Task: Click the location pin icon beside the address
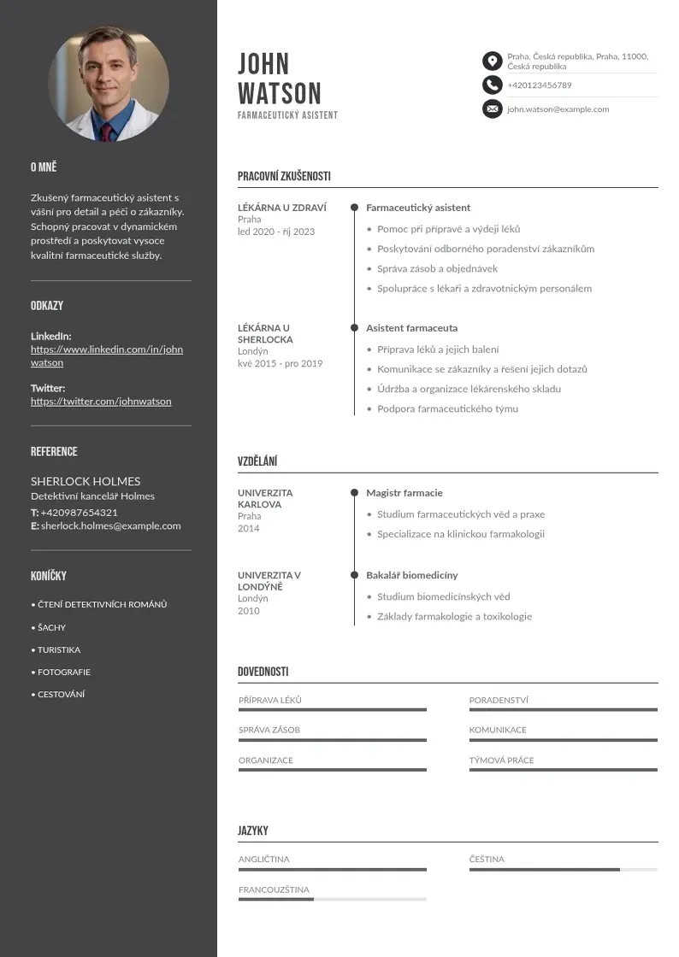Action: [492, 61]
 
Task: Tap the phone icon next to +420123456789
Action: [492, 85]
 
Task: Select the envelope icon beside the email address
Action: [492, 109]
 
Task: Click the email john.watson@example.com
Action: [558, 109]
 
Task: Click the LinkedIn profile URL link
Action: [107, 355]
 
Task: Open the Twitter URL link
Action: [101, 401]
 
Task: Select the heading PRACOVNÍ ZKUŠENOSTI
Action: [284, 177]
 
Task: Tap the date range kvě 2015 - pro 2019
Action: [280, 363]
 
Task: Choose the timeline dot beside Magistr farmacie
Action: [354, 493]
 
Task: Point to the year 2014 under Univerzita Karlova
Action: [249, 528]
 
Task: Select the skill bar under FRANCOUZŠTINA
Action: [332, 899]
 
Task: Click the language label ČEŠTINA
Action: [487, 859]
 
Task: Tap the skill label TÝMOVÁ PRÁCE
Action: [501, 760]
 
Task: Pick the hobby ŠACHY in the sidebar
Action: [51, 627]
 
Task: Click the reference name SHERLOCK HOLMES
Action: [86, 481]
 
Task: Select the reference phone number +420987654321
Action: [79, 512]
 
